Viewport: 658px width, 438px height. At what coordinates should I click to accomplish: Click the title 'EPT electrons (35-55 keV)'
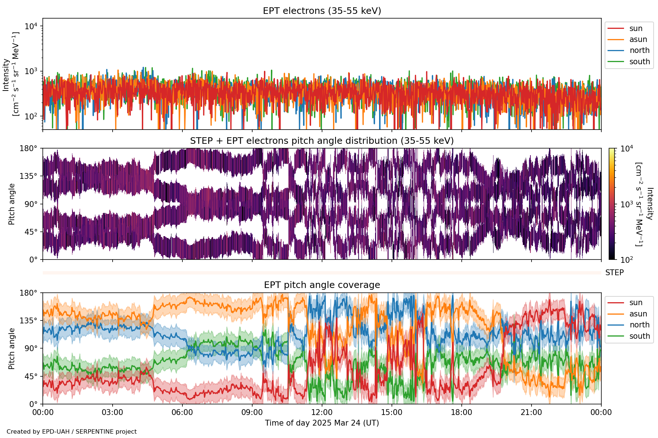click(x=322, y=11)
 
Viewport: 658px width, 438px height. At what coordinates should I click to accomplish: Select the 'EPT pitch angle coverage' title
click(x=322, y=285)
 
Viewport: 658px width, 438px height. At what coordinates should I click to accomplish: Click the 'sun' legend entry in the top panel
click(x=636, y=28)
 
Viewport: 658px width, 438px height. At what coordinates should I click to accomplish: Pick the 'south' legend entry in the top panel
click(x=639, y=62)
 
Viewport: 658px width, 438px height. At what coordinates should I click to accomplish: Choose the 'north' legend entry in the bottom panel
click(x=639, y=325)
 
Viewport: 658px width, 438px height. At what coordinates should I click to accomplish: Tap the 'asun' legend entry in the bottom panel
click(x=638, y=314)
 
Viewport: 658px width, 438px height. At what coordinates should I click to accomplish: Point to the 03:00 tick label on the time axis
click(x=113, y=413)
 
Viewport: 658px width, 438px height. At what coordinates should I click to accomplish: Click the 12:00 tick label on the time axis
click(x=322, y=413)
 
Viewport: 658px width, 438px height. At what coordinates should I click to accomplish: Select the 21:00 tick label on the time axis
click(x=531, y=413)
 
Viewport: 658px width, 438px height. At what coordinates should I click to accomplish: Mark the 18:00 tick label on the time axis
click(x=461, y=413)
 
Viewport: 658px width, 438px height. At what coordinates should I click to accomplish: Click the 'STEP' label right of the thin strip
click(x=614, y=273)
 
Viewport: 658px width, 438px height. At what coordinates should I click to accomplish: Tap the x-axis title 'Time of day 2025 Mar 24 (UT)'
click(x=322, y=423)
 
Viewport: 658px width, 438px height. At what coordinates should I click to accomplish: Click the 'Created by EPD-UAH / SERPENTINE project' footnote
click(x=72, y=432)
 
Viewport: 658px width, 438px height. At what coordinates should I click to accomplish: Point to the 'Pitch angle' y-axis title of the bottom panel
click(x=12, y=349)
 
